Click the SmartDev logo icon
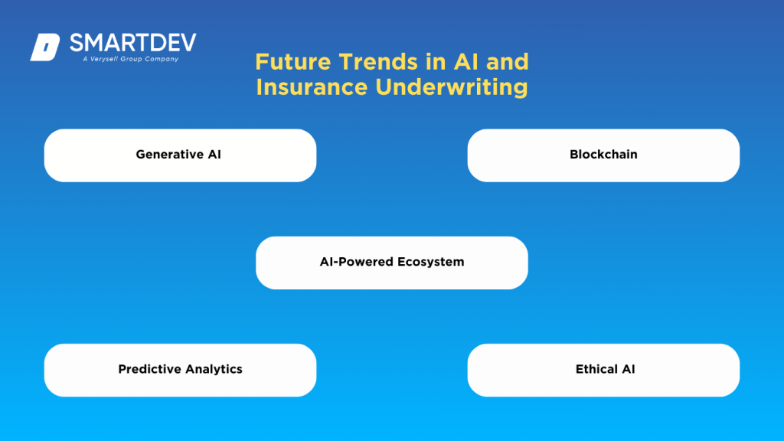[44, 47]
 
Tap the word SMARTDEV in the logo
[132, 43]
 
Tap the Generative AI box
[180, 155]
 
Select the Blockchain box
[603, 155]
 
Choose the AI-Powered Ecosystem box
[391, 263]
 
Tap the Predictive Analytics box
[180, 370]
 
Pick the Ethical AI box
[603, 370]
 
